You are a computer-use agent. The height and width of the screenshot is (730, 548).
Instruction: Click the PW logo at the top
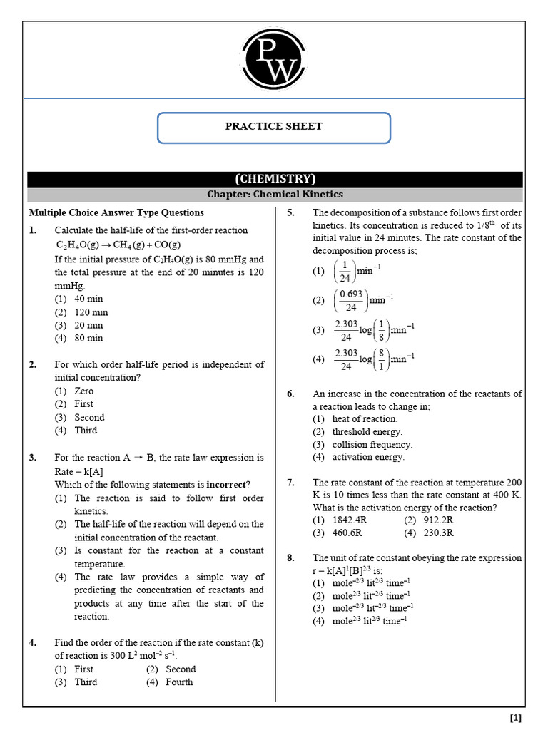pyautogui.click(x=274, y=60)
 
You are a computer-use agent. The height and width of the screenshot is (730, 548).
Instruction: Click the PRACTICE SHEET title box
pyautogui.click(x=274, y=127)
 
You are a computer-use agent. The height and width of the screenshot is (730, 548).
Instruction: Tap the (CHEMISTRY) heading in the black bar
pyautogui.click(x=275, y=179)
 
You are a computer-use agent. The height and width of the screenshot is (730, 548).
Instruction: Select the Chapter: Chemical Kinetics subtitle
pyautogui.click(x=275, y=194)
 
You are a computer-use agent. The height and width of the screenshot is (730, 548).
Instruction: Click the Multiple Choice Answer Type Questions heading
pyautogui.click(x=116, y=212)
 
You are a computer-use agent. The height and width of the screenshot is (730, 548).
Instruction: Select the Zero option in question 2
pyautogui.click(x=83, y=391)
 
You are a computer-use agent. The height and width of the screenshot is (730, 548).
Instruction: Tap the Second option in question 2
pyautogui.click(x=89, y=417)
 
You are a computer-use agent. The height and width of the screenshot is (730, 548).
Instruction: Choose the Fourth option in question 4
pyautogui.click(x=179, y=682)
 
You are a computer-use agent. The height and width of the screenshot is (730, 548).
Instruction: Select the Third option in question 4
pyautogui.click(x=86, y=682)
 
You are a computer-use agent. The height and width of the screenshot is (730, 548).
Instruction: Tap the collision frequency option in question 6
pyautogui.click(x=372, y=444)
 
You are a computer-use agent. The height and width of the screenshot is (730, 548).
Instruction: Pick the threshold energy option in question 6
pyautogui.click(x=367, y=431)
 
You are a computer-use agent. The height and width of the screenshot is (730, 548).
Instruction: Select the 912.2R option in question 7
pyautogui.click(x=438, y=520)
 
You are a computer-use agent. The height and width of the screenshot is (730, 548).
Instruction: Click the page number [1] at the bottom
pyautogui.click(x=516, y=717)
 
